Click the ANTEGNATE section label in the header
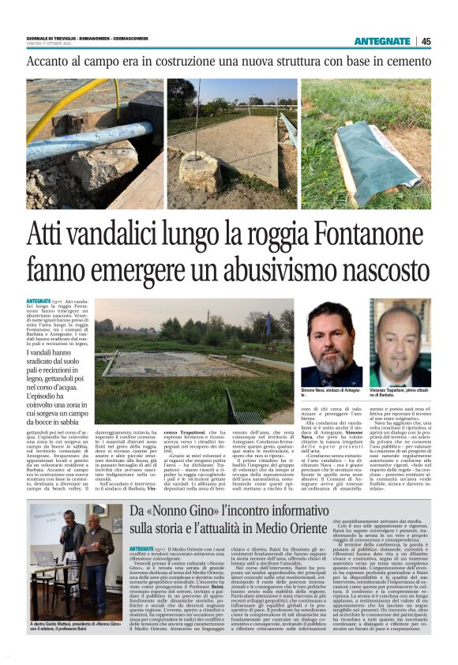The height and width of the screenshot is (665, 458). (382, 41)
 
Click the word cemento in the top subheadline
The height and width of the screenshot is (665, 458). (402, 61)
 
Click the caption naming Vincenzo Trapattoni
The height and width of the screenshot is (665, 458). (399, 392)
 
